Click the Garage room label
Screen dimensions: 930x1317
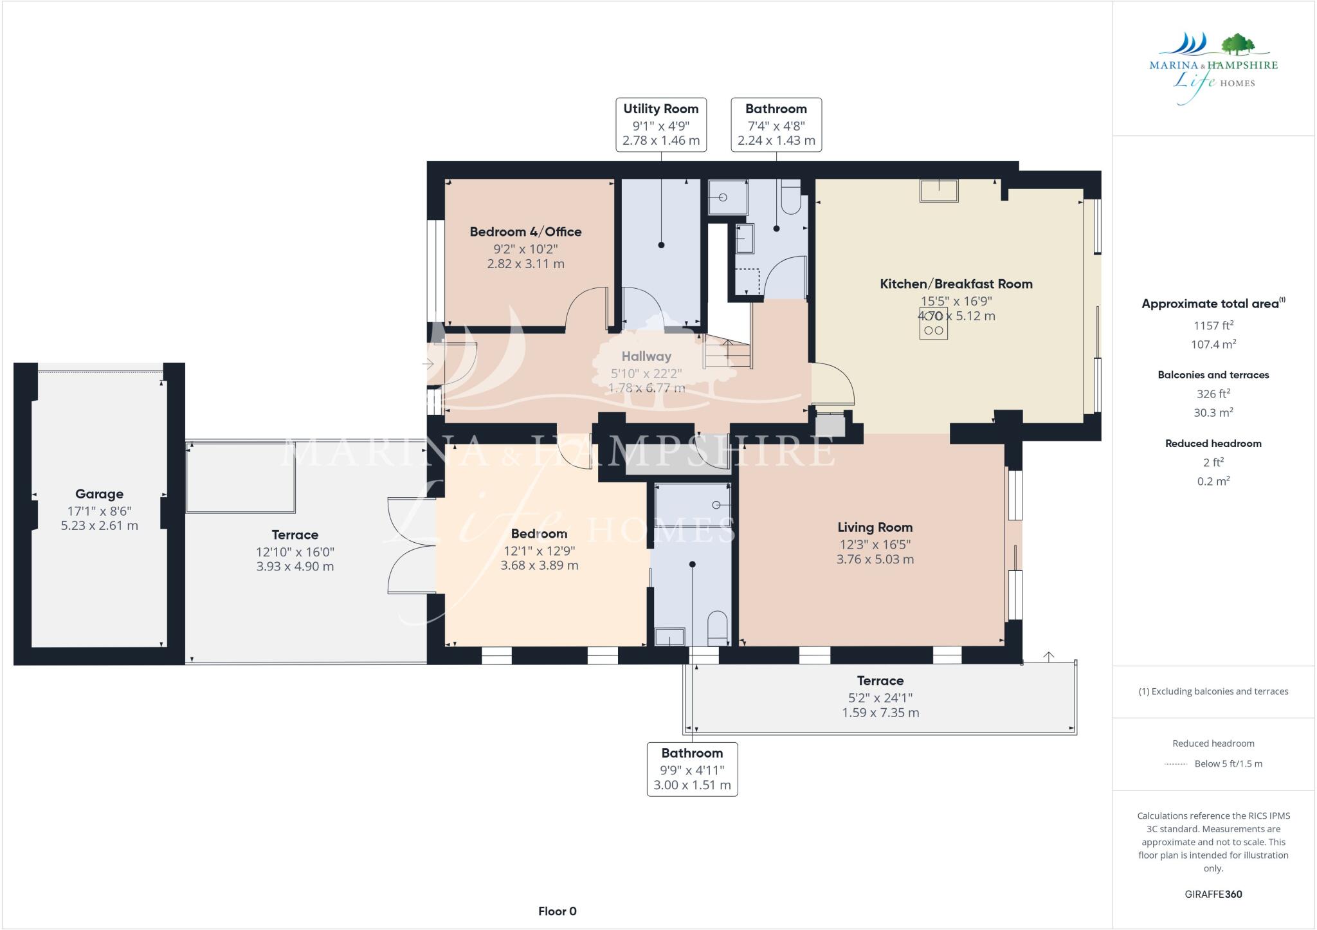pos(99,494)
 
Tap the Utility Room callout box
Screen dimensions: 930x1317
pos(660,125)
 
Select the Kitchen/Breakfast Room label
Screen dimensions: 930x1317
pos(956,284)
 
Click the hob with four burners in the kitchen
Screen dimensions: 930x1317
pos(933,324)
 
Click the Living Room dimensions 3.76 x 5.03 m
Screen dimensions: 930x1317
pos(875,559)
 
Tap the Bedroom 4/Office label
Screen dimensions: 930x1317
pos(525,232)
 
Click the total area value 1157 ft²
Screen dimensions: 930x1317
pos(1213,325)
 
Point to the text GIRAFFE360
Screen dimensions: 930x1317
pos(1213,894)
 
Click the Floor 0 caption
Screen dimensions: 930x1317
pos(557,911)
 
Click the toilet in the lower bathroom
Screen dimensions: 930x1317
pos(717,627)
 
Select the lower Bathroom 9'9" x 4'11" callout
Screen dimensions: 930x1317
pos(692,769)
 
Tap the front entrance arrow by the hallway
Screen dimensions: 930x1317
pos(428,364)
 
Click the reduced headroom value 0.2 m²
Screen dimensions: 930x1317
pos(1213,481)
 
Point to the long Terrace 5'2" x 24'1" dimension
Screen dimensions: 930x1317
pos(880,697)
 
